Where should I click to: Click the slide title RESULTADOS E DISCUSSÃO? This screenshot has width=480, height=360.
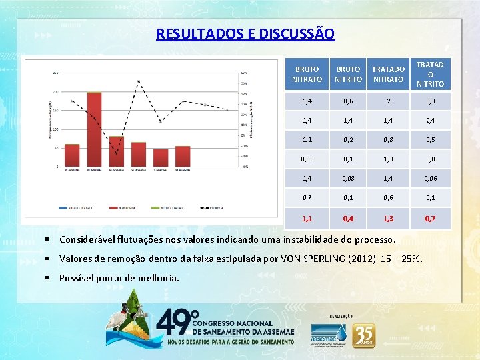pos(245,33)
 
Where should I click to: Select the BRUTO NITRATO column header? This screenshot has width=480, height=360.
pos(307,74)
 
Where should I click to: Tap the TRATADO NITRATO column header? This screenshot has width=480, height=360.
pos(388,74)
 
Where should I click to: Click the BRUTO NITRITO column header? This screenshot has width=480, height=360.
pos(348,74)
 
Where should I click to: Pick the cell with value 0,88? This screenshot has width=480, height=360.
pos(307,159)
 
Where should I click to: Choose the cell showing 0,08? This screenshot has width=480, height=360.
pos(348,179)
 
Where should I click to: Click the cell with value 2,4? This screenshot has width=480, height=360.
pos(430,121)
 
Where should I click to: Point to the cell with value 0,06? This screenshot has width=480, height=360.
pos(430,179)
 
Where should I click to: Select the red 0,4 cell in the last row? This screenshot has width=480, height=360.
pos(348,218)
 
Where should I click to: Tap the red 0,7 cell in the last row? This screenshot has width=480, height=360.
pos(430,218)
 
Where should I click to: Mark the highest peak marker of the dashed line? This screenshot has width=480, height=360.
pos(139,81)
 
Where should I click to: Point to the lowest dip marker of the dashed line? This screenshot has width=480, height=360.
pos(117,154)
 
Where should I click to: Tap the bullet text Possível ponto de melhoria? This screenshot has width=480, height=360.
pos(119,278)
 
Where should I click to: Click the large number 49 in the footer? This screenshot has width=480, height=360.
pos(175,323)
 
